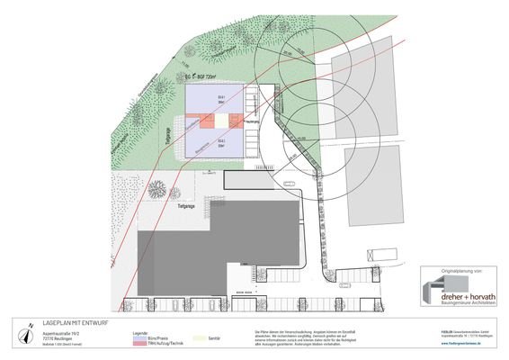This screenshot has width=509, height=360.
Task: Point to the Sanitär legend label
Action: click(215, 338)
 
